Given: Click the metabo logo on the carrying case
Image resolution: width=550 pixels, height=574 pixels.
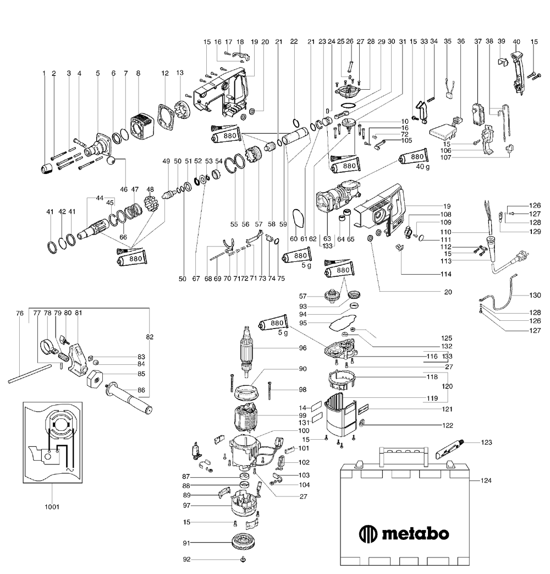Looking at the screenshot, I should click(x=404, y=533).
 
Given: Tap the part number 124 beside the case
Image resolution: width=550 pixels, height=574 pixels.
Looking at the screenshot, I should click(x=485, y=480).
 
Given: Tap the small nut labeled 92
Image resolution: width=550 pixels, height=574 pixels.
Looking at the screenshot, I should click(x=242, y=560).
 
